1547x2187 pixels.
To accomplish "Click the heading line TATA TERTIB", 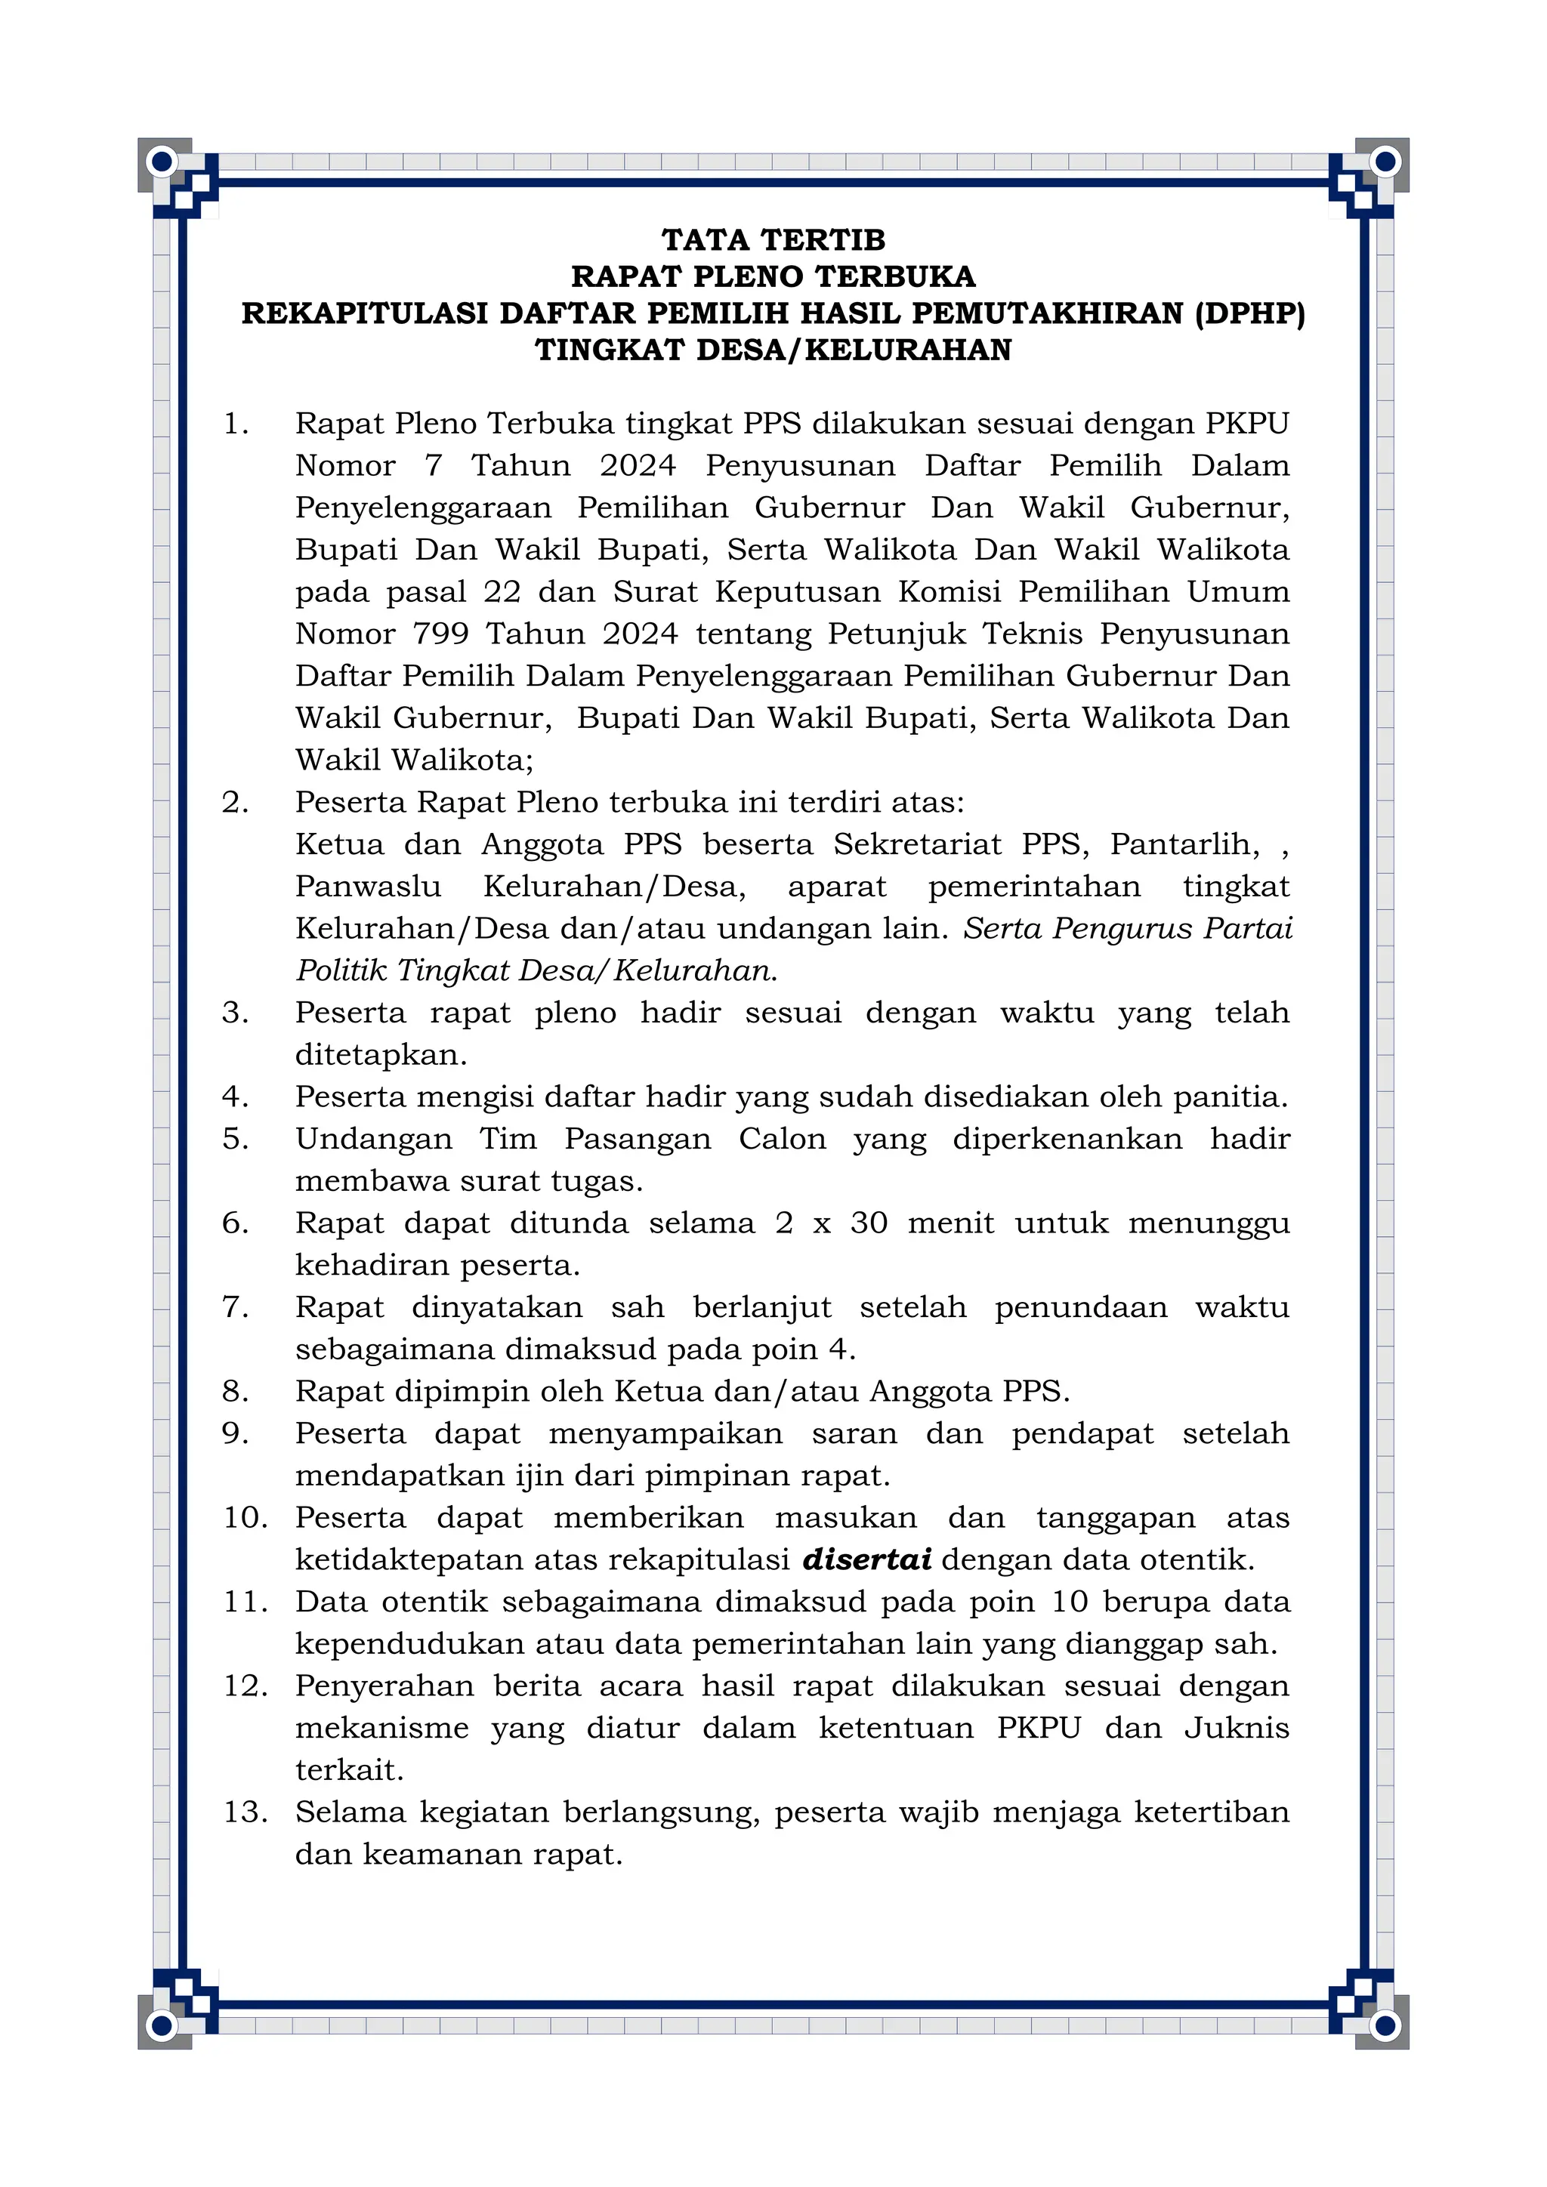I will (x=773, y=239).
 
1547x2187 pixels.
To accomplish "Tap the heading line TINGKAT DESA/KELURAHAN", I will (x=773, y=350).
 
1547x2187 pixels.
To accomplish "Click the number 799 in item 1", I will (x=440, y=634).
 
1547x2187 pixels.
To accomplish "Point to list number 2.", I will (x=235, y=802).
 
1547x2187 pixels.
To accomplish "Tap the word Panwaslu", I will (x=368, y=886).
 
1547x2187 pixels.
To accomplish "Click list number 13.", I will (x=245, y=1812).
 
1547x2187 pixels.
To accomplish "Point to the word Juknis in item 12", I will (x=1236, y=1727).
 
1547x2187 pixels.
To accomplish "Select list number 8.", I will (x=235, y=1391).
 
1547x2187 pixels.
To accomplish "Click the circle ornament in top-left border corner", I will (x=162, y=162).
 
